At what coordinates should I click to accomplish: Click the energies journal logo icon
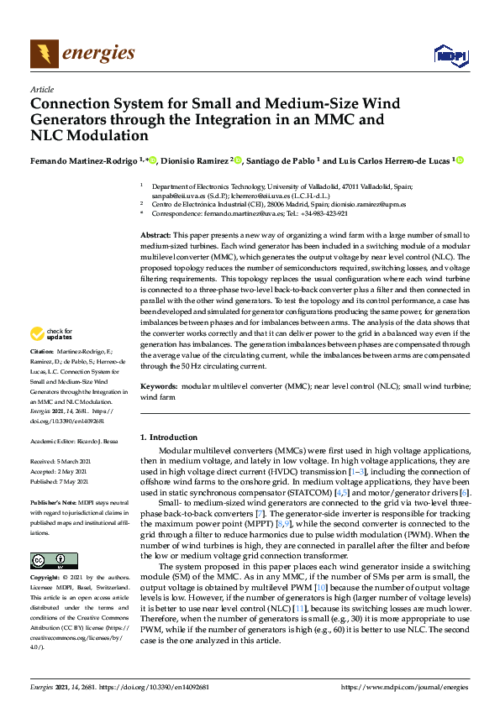(x=45, y=55)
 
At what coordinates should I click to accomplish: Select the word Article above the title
(x=41, y=89)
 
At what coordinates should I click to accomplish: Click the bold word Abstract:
(x=155, y=238)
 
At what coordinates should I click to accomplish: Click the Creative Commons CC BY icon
(x=49, y=560)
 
